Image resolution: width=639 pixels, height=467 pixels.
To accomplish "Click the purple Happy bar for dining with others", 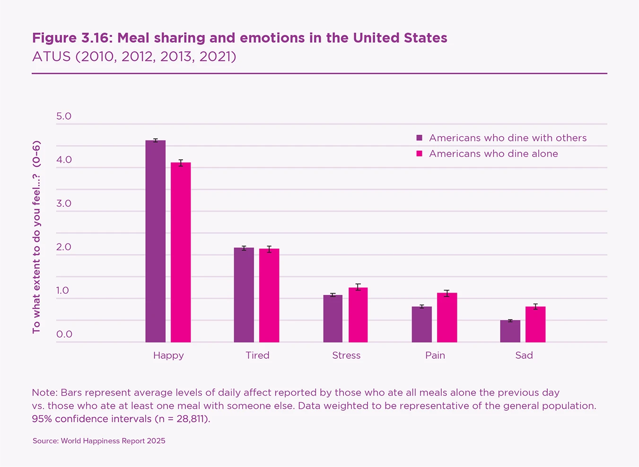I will [x=155, y=241].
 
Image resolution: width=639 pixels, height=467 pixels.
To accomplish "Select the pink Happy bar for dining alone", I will [x=181, y=252].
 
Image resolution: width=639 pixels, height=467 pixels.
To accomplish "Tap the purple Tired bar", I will [x=244, y=295].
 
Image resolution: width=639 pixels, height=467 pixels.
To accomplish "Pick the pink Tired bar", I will [x=269, y=295].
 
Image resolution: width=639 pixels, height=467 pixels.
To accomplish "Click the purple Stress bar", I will [x=333, y=319].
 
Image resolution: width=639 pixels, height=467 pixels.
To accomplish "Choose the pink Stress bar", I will [x=358, y=315].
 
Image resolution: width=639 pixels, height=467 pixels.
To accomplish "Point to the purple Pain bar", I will [x=421, y=324].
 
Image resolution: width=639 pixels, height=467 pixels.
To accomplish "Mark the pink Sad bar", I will [x=535, y=324].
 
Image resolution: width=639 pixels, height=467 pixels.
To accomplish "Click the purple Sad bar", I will [x=510, y=331].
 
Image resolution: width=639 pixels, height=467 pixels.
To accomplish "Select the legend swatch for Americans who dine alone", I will [x=419, y=154].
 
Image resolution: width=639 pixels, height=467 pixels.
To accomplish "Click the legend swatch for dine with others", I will [x=419, y=138].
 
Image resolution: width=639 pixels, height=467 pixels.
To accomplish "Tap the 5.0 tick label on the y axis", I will [x=64, y=116].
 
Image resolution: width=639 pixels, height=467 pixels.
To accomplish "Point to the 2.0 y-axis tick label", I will [x=64, y=247].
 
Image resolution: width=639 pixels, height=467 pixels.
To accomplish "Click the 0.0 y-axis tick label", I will [x=64, y=334].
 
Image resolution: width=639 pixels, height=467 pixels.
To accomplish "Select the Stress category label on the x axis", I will [x=346, y=355].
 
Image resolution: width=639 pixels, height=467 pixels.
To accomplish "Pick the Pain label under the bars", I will [x=435, y=355].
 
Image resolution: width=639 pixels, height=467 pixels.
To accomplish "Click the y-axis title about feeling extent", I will [x=36, y=237].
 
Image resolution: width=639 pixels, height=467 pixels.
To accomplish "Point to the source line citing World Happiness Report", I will [x=99, y=441].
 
